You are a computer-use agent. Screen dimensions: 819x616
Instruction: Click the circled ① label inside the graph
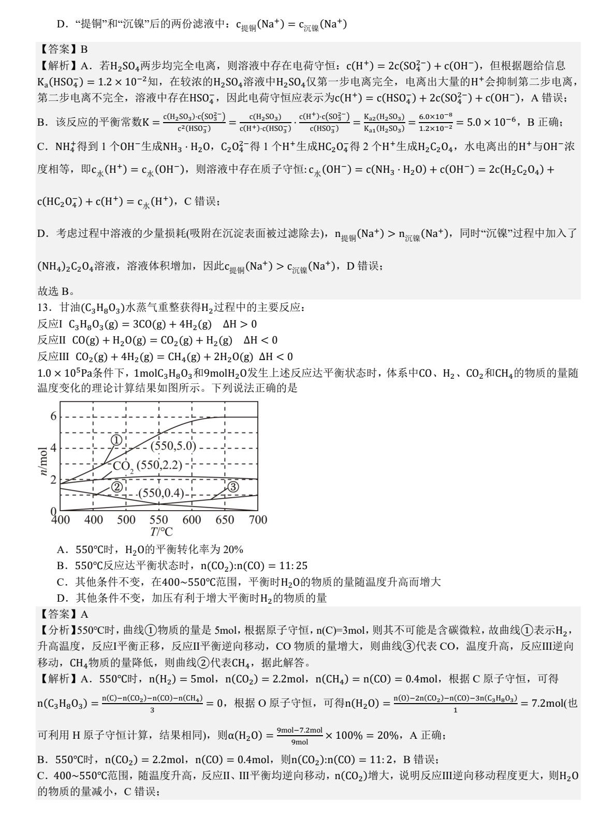(116, 440)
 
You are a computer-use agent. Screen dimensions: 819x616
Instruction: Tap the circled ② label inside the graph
(116, 487)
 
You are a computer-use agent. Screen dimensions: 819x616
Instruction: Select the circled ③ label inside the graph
(233, 487)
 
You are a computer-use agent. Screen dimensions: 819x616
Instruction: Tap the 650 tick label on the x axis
(225, 520)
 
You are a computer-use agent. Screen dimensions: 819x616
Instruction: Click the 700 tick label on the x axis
(258, 520)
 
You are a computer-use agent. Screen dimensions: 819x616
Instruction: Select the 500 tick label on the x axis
(126, 520)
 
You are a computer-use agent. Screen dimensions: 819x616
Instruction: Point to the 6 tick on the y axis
(53, 416)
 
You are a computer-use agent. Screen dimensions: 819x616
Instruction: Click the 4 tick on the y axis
(53, 448)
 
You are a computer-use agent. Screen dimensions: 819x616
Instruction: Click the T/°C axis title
(160, 532)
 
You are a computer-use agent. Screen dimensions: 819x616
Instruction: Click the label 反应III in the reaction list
(50, 356)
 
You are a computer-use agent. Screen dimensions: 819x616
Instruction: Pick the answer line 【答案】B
(64, 50)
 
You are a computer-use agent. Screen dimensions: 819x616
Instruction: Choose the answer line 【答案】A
(64, 614)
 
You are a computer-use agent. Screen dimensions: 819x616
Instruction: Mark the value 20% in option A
(233, 549)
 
